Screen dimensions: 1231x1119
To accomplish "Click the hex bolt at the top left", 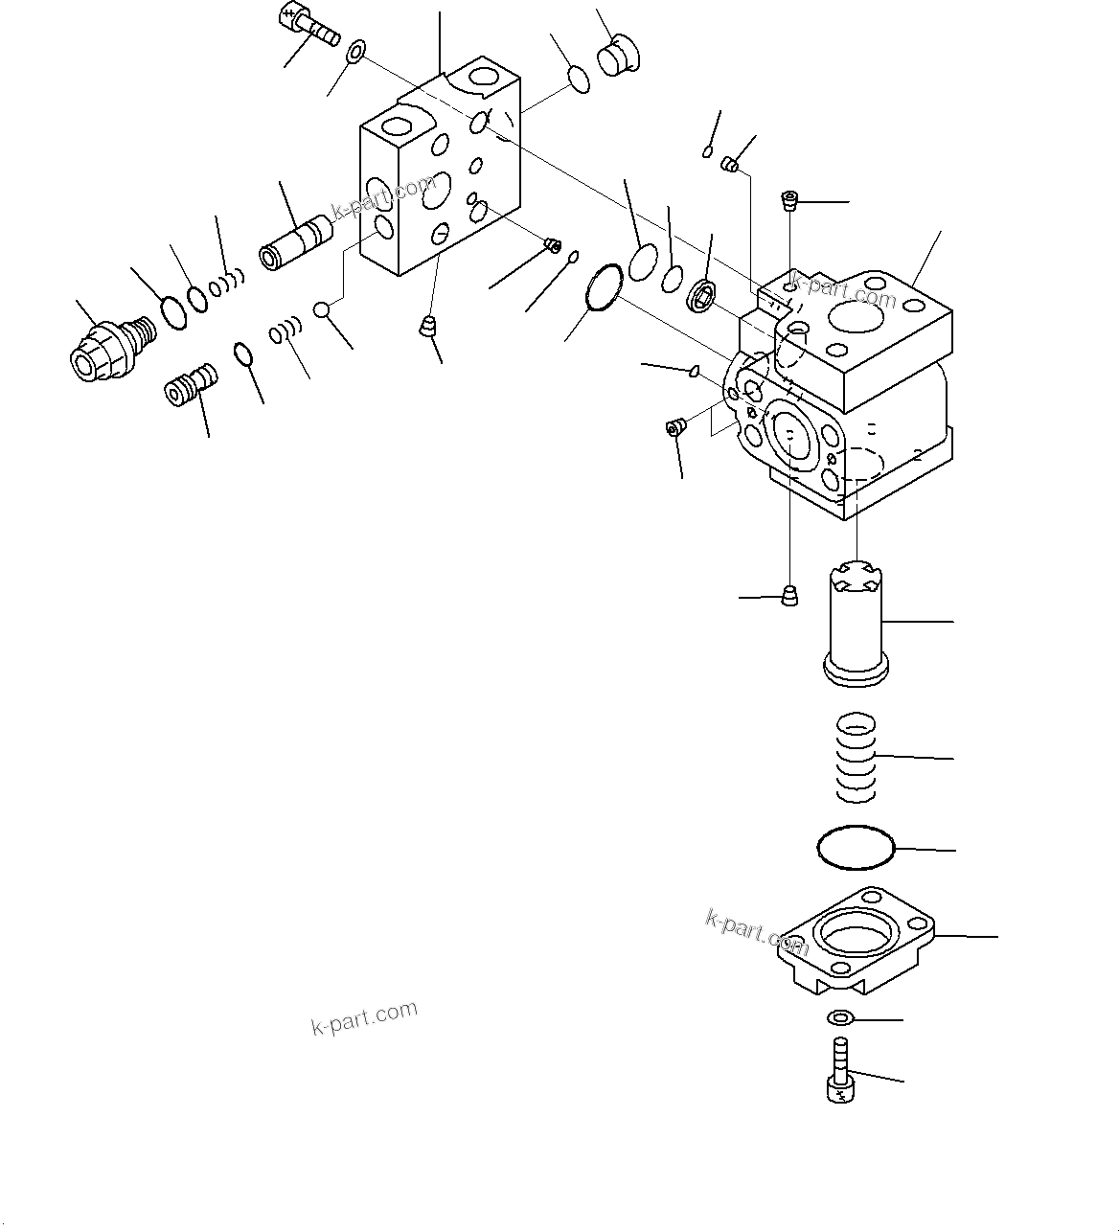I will point(308,26).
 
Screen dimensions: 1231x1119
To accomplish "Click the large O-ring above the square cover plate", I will point(856,848).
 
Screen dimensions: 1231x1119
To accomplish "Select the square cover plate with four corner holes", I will point(856,939).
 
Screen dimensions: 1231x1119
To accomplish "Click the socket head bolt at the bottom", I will point(840,1072).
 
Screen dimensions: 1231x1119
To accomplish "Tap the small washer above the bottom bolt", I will point(840,1018).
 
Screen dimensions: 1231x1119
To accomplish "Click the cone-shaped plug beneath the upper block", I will point(428,327).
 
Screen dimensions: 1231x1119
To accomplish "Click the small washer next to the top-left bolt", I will point(356,50).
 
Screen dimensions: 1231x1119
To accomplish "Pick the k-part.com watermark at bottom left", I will point(365,1017).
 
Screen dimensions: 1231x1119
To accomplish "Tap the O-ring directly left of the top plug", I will point(580,80).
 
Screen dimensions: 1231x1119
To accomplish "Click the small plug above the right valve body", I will point(789,200).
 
